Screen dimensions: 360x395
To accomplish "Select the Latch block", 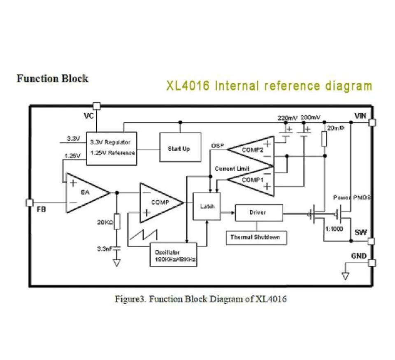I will tap(206, 206).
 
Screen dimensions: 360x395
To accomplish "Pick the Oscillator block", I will tap(173, 255).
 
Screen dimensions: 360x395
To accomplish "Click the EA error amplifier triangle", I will tap(84, 193).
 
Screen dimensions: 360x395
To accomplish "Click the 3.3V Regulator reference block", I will tap(112, 148).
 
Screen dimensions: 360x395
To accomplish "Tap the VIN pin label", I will tap(360, 116).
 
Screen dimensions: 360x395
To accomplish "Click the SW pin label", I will tap(360, 233).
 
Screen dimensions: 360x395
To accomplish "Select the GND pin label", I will tap(359, 256).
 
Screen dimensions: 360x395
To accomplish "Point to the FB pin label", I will tap(42, 210).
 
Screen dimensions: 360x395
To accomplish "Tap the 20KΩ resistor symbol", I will tap(117, 221).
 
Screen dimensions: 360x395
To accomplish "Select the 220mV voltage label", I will tap(287, 118).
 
